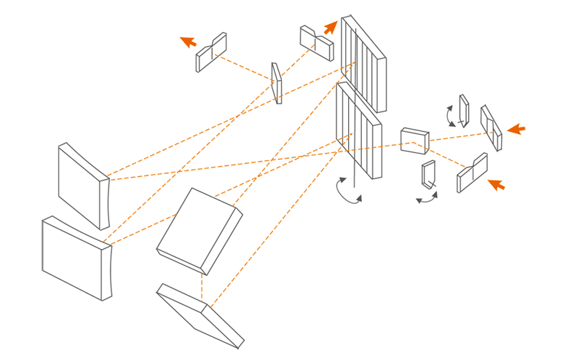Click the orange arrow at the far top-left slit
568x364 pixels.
189,41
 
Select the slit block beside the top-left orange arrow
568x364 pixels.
211,52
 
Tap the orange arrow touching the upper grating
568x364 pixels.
331,28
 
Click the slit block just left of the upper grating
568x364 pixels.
316,42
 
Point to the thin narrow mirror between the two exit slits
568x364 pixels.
277,82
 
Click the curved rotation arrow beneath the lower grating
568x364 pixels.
347,191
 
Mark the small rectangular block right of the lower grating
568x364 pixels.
414,140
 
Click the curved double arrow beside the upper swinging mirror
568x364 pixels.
451,116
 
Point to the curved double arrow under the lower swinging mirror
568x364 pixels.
427,197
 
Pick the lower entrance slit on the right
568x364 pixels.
472,173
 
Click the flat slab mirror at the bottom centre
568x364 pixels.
200,314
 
